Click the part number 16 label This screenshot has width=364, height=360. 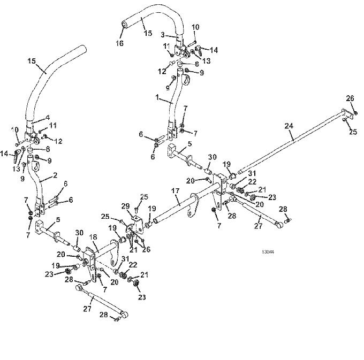(119, 43)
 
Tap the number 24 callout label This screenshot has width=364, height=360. (289, 126)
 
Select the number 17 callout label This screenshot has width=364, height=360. (176, 191)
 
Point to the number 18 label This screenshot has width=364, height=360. (93, 238)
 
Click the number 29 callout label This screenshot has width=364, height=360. (126, 206)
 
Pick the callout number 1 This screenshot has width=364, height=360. (157, 97)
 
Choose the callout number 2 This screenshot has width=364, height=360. (55, 175)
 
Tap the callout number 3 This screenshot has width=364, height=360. (163, 35)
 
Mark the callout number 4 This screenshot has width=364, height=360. (48, 117)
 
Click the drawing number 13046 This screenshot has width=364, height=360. (268, 251)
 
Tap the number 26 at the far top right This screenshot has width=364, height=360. (350, 98)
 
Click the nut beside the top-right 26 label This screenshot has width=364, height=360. (355, 113)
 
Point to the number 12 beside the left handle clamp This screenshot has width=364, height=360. (58, 141)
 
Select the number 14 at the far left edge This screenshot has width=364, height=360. (4, 154)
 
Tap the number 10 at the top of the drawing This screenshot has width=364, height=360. (195, 27)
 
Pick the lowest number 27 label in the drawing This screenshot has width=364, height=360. (87, 309)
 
